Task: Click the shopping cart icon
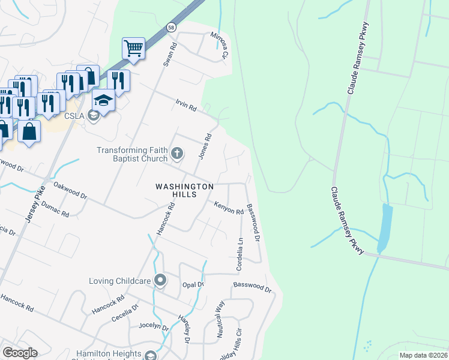133,48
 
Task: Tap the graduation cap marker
103,100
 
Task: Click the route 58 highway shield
172,28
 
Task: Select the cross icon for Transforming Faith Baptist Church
177,154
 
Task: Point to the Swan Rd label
170,53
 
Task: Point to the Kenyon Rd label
229,208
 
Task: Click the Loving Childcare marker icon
160,280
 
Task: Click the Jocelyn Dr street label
154,326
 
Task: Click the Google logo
20,353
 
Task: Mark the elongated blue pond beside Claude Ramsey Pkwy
384,228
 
